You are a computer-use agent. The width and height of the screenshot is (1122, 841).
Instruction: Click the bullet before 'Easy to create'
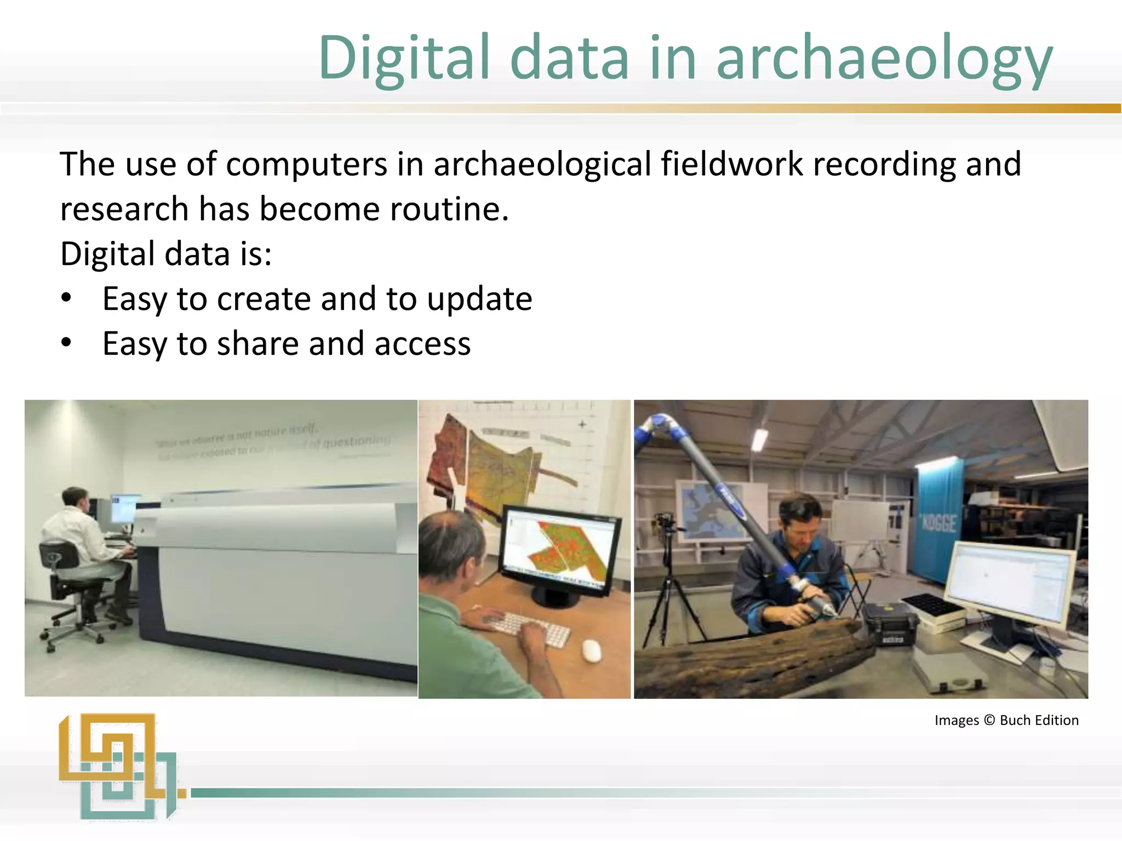[x=66, y=298]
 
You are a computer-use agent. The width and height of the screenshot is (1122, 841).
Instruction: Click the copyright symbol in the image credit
[x=989, y=720]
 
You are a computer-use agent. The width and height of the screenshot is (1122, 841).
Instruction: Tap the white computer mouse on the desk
[x=592, y=650]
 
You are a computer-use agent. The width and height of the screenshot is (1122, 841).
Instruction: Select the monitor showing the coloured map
[x=562, y=553]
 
